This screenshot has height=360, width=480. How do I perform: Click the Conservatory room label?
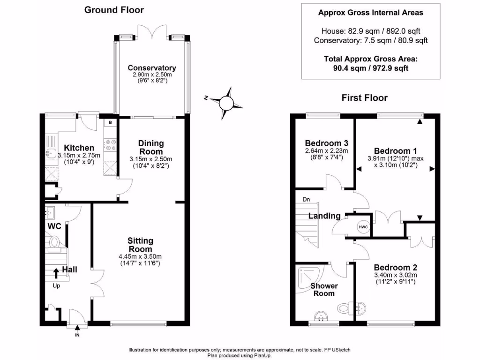(x=152, y=67)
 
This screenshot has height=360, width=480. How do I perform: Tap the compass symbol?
(x=226, y=103)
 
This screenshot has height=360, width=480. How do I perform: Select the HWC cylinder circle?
(x=363, y=227)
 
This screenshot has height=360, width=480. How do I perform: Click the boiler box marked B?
(x=110, y=122)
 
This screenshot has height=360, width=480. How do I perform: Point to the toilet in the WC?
(x=54, y=242)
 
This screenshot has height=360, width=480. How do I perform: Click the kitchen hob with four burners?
(x=111, y=145)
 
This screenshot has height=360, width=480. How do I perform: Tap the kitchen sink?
(x=52, y=153)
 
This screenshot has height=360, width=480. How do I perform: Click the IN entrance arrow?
(x=77, y=328)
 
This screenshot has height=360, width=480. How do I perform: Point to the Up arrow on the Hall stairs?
(x=56, y=273)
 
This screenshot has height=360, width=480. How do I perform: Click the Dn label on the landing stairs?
(x=306, y=200)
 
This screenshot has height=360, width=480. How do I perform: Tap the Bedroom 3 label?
(x=327, y=143)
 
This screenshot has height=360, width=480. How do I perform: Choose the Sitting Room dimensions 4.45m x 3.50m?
(x=140, y=256)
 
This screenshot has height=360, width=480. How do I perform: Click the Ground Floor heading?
(x=114, y=10)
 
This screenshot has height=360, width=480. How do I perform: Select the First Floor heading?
(x=365, y=97)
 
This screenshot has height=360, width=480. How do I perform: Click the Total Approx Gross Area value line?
(x=371, y=68)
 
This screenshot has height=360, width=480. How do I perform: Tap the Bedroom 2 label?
(x=396, y=267)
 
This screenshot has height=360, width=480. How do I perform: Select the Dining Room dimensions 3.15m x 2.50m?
(x=150, y=159)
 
